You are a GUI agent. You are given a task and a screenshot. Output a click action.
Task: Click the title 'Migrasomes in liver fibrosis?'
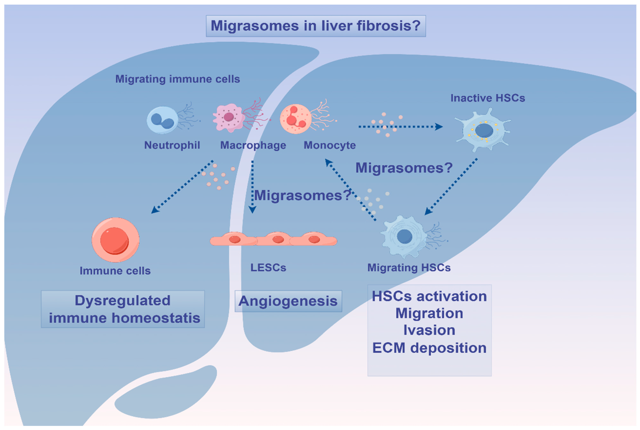click(x=316, y=26)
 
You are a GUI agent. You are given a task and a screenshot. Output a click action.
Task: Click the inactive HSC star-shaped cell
click(x=483, y=130)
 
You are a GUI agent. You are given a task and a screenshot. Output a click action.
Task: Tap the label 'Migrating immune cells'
click(x=177, y=79)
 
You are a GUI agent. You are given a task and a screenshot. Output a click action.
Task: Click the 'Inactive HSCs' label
click(x=487, y=98)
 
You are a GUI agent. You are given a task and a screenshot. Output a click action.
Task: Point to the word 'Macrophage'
click(x=253, y=145)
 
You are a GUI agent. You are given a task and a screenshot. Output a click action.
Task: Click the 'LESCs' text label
click(x=268, y=267)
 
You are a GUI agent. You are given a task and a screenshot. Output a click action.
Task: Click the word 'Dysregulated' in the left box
click(x=123, y=300)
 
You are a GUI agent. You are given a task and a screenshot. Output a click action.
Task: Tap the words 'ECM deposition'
click(x=429, y=348)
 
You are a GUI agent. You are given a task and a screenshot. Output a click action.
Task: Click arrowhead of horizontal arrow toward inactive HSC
click(x=439, y=127)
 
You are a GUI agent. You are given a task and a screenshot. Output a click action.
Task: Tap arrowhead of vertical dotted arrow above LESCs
click(x=252, y=210)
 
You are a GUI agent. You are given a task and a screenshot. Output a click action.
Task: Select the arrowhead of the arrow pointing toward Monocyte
click(x=328, y=163)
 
